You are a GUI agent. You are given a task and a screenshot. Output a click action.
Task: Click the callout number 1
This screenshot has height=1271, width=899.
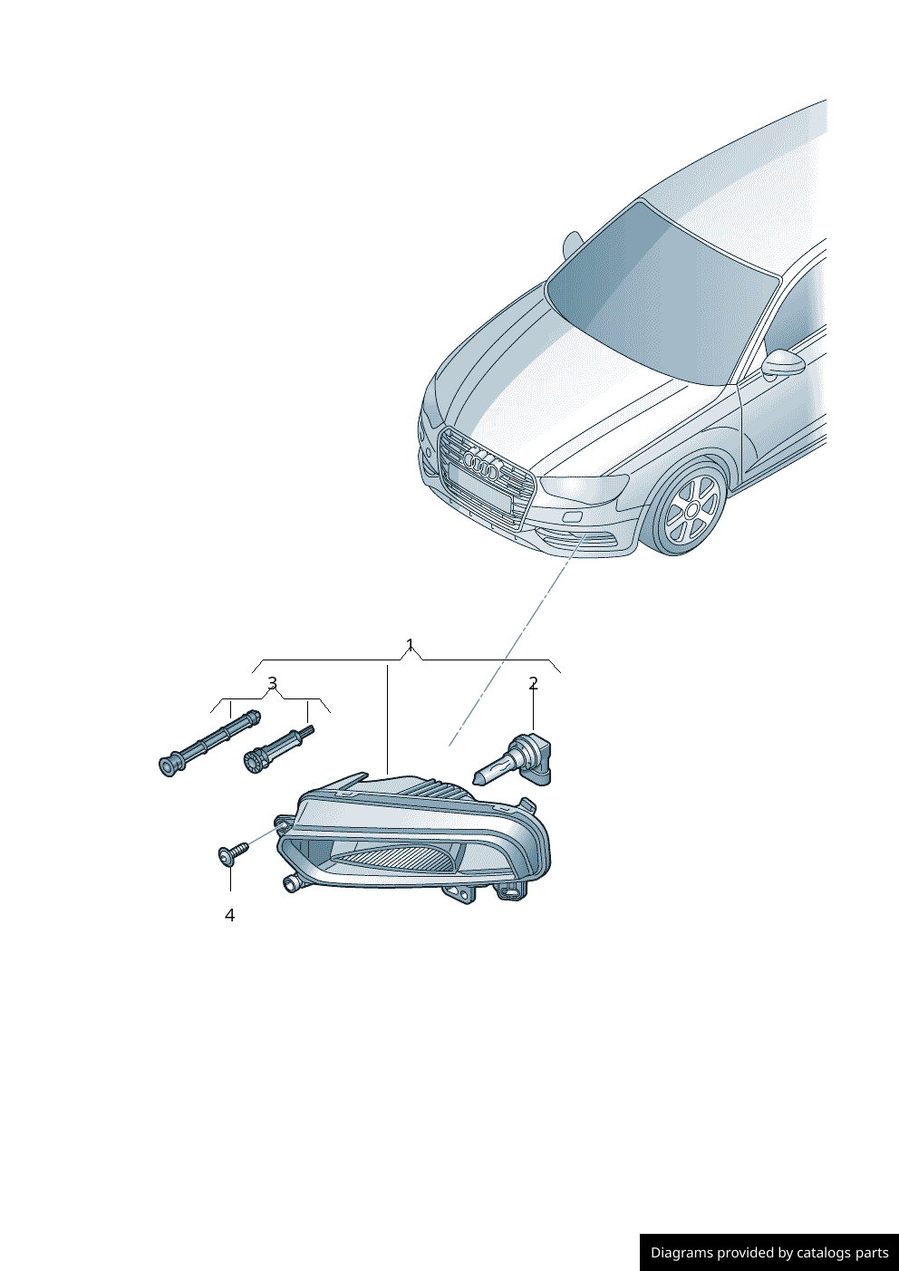pyautogui.click(x=410, y=645)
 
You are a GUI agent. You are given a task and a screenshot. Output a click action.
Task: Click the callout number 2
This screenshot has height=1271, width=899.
pyautogui.click(x=533, y=683)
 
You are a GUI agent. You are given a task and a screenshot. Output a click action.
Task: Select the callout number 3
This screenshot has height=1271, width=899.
pyautogui.click(x=272, y=683)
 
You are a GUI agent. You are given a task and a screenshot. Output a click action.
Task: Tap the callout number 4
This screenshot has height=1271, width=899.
pyautogui.click(x=229, y=915)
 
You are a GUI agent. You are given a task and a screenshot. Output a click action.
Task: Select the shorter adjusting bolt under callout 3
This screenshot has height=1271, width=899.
pyautogui.click(x=276, y=748)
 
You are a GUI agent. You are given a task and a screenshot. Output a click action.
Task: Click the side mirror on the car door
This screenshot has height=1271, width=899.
pyautogui.click(x=784, y=363)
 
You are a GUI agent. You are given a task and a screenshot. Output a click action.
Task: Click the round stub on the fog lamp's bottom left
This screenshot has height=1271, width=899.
pyautogui.click(x=291, y=883)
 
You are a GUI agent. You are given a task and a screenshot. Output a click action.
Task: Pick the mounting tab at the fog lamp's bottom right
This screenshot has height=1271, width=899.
pyautogui.click(x=513, y=892)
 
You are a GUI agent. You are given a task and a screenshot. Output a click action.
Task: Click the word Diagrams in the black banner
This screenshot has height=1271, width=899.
pyautogui.click(x=681, y=1253)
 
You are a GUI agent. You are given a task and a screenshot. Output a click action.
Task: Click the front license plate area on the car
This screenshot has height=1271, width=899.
pyautogui.click(x=478, y=489)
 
